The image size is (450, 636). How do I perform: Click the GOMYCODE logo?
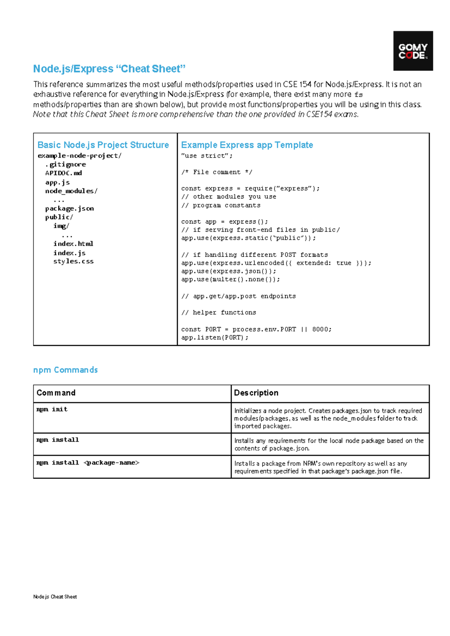[413, 51]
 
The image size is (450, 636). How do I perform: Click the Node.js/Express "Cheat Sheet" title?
[109, 69]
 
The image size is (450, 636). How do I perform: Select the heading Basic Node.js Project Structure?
[103, 145]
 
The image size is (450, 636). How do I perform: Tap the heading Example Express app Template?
[247, 145]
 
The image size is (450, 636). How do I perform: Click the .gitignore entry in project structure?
[66, 165]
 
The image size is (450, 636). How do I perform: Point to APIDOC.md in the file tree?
[63, 173]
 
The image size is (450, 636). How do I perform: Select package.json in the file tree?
[69, 208]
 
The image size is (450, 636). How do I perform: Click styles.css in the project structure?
[73, 261]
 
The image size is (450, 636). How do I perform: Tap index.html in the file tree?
[73, 244]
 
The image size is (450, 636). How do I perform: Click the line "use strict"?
[207, 156]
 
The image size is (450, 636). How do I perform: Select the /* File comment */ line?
[216, 172]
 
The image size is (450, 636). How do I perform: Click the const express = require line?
[250, 189]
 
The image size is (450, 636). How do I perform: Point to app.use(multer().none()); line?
[230, 279]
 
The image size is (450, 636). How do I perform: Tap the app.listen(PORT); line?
[214, 337]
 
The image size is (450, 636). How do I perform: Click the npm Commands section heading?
[65, 370]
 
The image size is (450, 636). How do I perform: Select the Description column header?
[256, 393]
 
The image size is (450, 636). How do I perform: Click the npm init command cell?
[52, 409]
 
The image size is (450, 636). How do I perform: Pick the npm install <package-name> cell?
[88, 463]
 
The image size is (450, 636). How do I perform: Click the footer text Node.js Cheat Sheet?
[55, 597]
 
